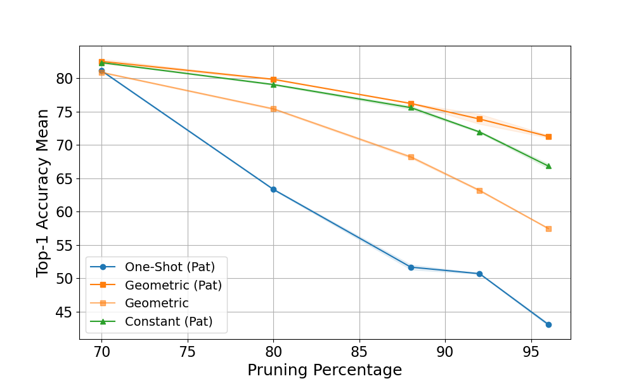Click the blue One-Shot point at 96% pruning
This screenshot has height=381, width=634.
click(548, 324)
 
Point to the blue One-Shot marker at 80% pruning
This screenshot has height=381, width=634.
click(274, 189)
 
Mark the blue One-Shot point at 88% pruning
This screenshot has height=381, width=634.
click(411, 267)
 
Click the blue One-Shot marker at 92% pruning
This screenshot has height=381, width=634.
click(479, 274)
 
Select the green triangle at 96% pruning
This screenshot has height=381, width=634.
click(548, 166)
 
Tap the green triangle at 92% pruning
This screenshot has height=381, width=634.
click(479, 132)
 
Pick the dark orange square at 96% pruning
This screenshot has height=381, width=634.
click(548, 137)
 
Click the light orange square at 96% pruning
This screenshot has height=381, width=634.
click(548, 229)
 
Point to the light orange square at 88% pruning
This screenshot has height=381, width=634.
click(411, 157)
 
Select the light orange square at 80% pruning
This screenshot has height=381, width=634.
click(274, 109)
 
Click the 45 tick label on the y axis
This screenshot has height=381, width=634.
click(65, 312)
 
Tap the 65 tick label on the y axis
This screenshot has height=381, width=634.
click(65, 179)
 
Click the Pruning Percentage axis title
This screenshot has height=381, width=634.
click(325, 370)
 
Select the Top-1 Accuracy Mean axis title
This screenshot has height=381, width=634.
click(42, 193)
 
